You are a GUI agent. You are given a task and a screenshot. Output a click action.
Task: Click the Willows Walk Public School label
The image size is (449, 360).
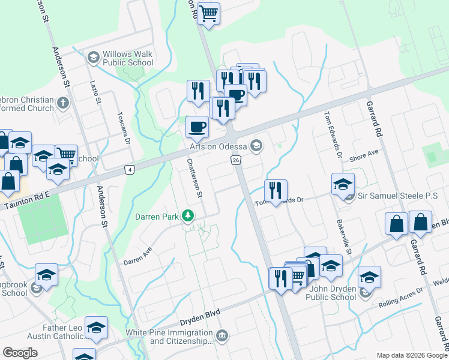(x=127, y=58)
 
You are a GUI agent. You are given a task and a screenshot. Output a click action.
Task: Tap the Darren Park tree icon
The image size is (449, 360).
(x=188, y=215)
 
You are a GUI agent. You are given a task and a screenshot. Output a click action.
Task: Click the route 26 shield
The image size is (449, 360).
(x=235, y=160)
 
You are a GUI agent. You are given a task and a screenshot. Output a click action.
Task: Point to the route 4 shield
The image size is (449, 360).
(x=130, y=170)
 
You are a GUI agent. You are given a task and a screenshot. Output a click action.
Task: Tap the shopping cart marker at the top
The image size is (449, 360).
(x=208, y=13)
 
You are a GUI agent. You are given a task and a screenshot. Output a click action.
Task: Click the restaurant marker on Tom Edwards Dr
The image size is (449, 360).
(x=276, y=191)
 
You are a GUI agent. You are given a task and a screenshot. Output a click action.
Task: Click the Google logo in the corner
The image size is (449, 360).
(x=20, y=353)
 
